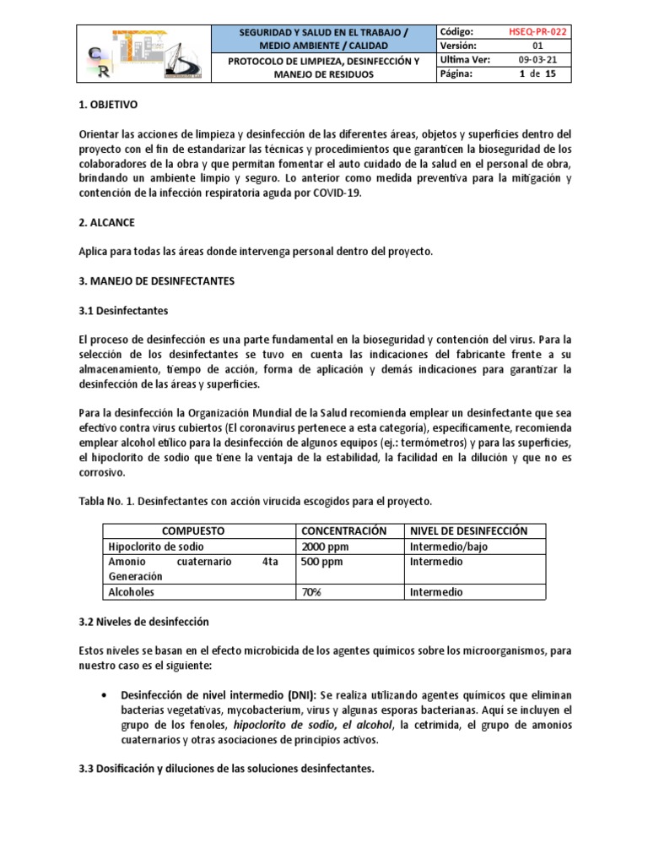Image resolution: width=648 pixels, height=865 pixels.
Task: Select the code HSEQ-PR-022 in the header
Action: point(538,31)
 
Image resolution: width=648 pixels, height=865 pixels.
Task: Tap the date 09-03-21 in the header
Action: point(537,60)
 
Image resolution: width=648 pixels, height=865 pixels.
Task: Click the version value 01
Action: point(537,46)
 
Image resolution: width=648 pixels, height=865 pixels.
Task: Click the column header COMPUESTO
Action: point(196,530)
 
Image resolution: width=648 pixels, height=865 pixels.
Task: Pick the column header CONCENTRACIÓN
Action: point(343,530)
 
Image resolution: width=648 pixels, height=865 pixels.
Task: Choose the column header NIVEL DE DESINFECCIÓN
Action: point(468,530)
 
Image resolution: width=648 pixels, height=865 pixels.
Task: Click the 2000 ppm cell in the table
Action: point(325,546)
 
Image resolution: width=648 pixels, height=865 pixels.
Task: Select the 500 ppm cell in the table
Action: point(322,561)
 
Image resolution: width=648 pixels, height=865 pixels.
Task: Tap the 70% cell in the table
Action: point(311,592)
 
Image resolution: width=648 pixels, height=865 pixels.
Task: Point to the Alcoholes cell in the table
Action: point(132,592)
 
